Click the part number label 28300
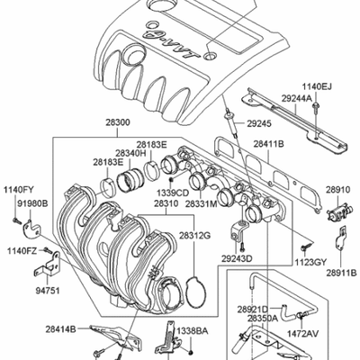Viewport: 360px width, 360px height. tap(118, 122)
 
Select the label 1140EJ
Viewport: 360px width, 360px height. tap(317, 87)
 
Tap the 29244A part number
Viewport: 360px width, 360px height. tap(297, 98)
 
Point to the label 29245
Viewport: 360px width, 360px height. tap(259, 123)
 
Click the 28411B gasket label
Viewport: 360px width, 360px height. tap(269, 144)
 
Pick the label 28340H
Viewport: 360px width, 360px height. tap(130, 153)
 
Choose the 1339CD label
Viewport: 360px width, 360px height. tap(175, 192)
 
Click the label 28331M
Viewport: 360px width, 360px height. tap(201, 204)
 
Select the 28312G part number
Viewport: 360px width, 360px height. tap(195, 236)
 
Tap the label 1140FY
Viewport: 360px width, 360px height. tap(19, 190)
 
